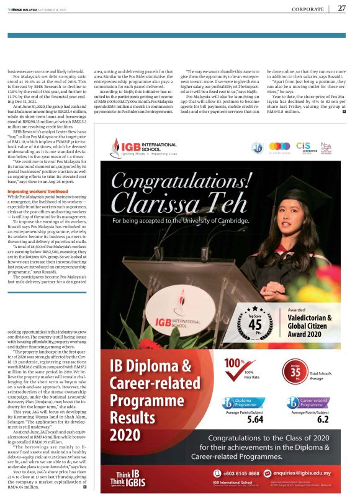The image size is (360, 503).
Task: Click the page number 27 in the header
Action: (x=341, y=8)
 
